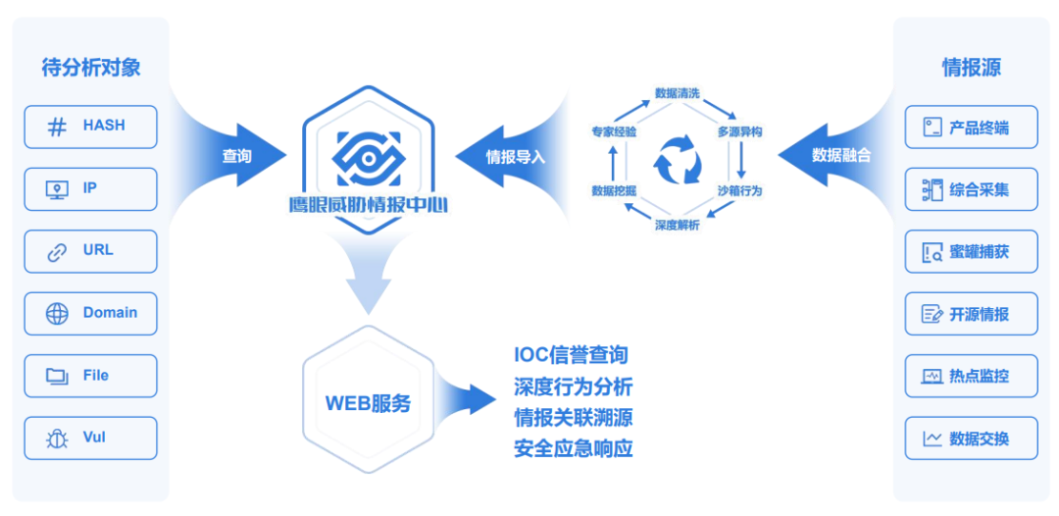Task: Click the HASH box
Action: tap(90, 127)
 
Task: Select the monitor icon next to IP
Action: tap(57, 189)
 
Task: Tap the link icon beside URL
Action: tap(57, 252)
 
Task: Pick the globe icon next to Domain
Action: tap(57, 314)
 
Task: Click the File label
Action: tap(96, 376)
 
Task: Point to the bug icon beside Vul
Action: tap(57, 439)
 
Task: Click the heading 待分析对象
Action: tap(91, 68)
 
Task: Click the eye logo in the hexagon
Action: tap(368, 154)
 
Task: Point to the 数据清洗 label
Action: tap(678, 93)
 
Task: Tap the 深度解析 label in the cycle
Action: tap(678, 226)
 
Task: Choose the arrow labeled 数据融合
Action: tap(836, 155)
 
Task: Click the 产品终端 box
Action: tap(971, 128)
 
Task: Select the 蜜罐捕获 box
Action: tap(971, 252)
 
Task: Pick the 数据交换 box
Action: tap(971, 439)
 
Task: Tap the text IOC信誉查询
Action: tap(571, 355)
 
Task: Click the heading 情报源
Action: tap(971, 68)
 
